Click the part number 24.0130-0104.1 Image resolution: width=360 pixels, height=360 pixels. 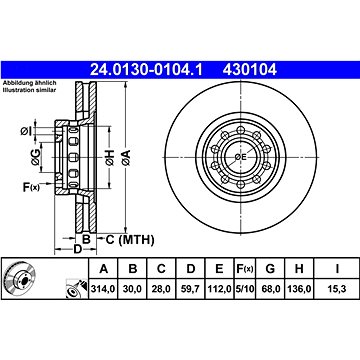[146, 70]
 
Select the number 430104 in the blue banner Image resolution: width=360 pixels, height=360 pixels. [250, 70]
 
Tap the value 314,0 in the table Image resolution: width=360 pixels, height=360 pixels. [103, 289]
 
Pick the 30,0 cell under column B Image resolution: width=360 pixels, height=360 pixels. [133, 289]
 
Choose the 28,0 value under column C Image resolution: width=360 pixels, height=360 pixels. [161, 289]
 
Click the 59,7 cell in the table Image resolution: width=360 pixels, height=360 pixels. [191, 289]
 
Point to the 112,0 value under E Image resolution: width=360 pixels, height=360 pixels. [219, 289]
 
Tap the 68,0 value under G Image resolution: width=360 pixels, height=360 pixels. [270, 289]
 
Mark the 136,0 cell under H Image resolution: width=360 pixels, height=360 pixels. [299, 289]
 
